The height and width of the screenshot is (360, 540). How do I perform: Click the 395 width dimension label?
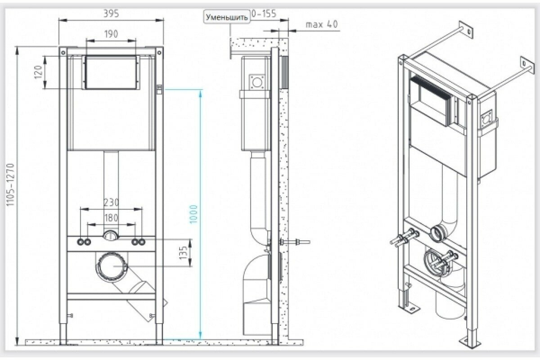point(111,14)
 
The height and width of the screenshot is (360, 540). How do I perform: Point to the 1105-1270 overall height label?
point(11,185)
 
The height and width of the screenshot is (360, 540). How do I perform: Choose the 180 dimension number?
point(111,218)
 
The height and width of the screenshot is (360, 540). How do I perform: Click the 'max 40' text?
point(321,24)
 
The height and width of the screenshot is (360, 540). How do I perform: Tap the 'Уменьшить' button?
point(227,18)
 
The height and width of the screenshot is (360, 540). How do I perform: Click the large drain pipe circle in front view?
point(111,266)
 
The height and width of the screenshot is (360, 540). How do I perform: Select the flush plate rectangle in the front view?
point(111,72)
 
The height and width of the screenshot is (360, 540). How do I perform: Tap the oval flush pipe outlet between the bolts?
point(111,235)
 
